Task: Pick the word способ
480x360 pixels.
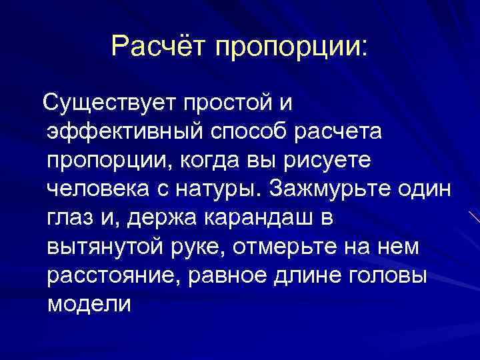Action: pos(257,133)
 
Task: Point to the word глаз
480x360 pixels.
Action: pos(73,219)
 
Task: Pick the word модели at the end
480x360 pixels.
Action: pos(89,305)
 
